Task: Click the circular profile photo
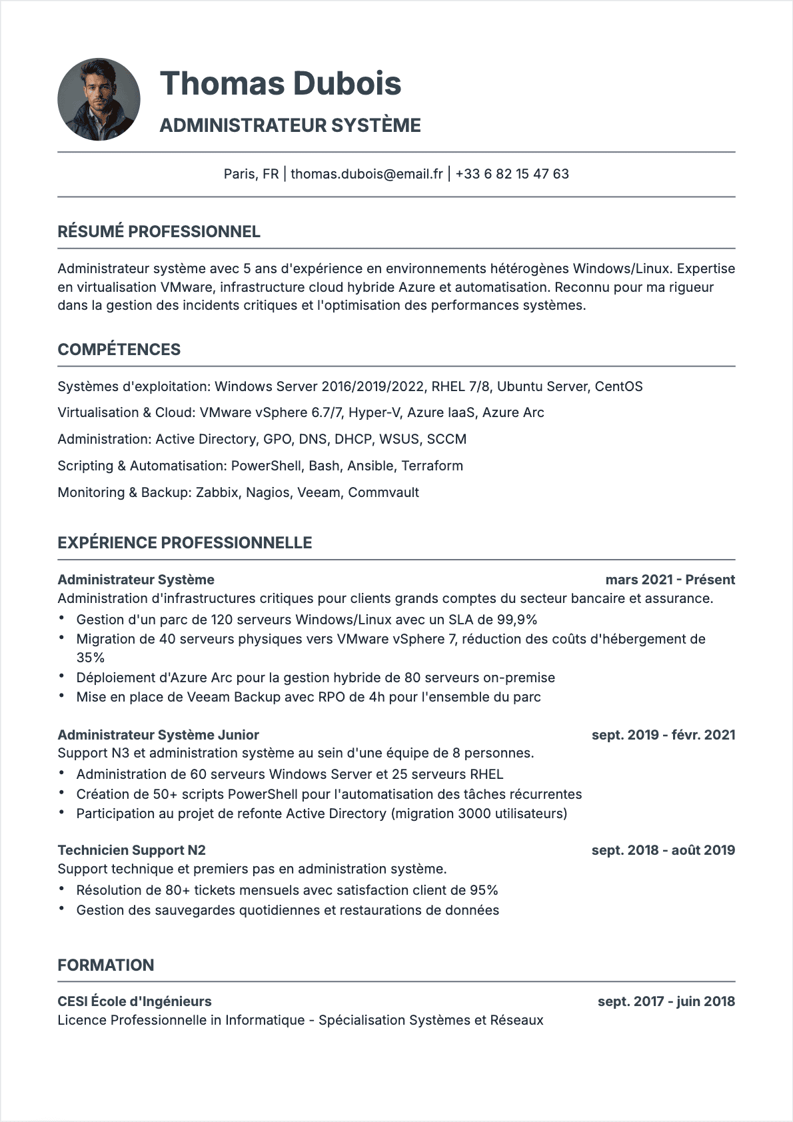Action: pos(99,99)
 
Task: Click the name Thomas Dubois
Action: pos(281,83)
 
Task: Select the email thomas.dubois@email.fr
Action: pos(367,174)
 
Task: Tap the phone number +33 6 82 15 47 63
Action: pos(512,174)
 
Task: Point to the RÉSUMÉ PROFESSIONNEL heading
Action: pos(159,232)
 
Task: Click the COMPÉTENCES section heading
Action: pos(119,350)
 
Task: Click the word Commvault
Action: pos(383,492)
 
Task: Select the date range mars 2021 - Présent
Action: pos(670,580)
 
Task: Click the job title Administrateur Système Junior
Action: pos(158,735)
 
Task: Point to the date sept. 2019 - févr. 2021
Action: pos(663,735)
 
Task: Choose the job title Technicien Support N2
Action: pos(131,850)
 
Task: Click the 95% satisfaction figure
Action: pos(484,890)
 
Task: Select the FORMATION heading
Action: pos(105,965)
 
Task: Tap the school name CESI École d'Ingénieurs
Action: pos(135,1001)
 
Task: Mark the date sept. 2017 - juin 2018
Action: pos(666,1001)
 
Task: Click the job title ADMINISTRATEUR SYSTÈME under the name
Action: pos(290,125)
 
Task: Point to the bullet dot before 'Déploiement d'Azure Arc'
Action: pos(61,676)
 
